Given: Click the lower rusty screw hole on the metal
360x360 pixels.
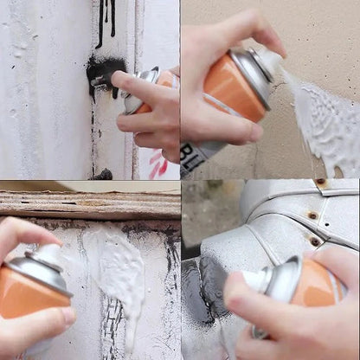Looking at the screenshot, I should pyautogui.click(x=315, y=241).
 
